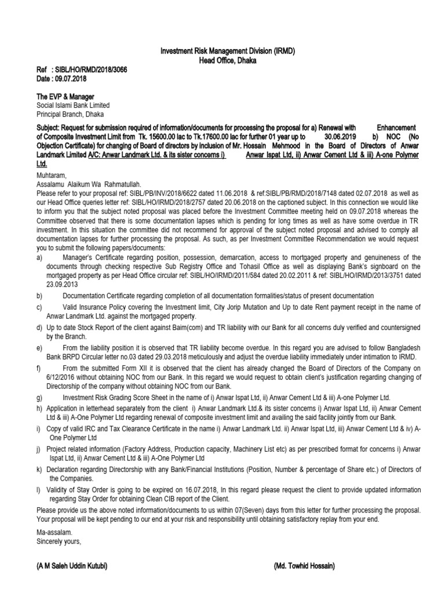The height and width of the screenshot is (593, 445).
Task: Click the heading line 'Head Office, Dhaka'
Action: [227, 60]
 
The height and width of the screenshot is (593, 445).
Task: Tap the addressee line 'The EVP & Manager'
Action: [65, 96]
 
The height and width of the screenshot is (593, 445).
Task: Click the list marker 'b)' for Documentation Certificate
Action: [39, 296]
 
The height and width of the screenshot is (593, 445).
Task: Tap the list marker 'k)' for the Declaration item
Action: [39, 468]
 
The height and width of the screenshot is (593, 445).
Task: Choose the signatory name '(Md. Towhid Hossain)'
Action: [304, 566]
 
